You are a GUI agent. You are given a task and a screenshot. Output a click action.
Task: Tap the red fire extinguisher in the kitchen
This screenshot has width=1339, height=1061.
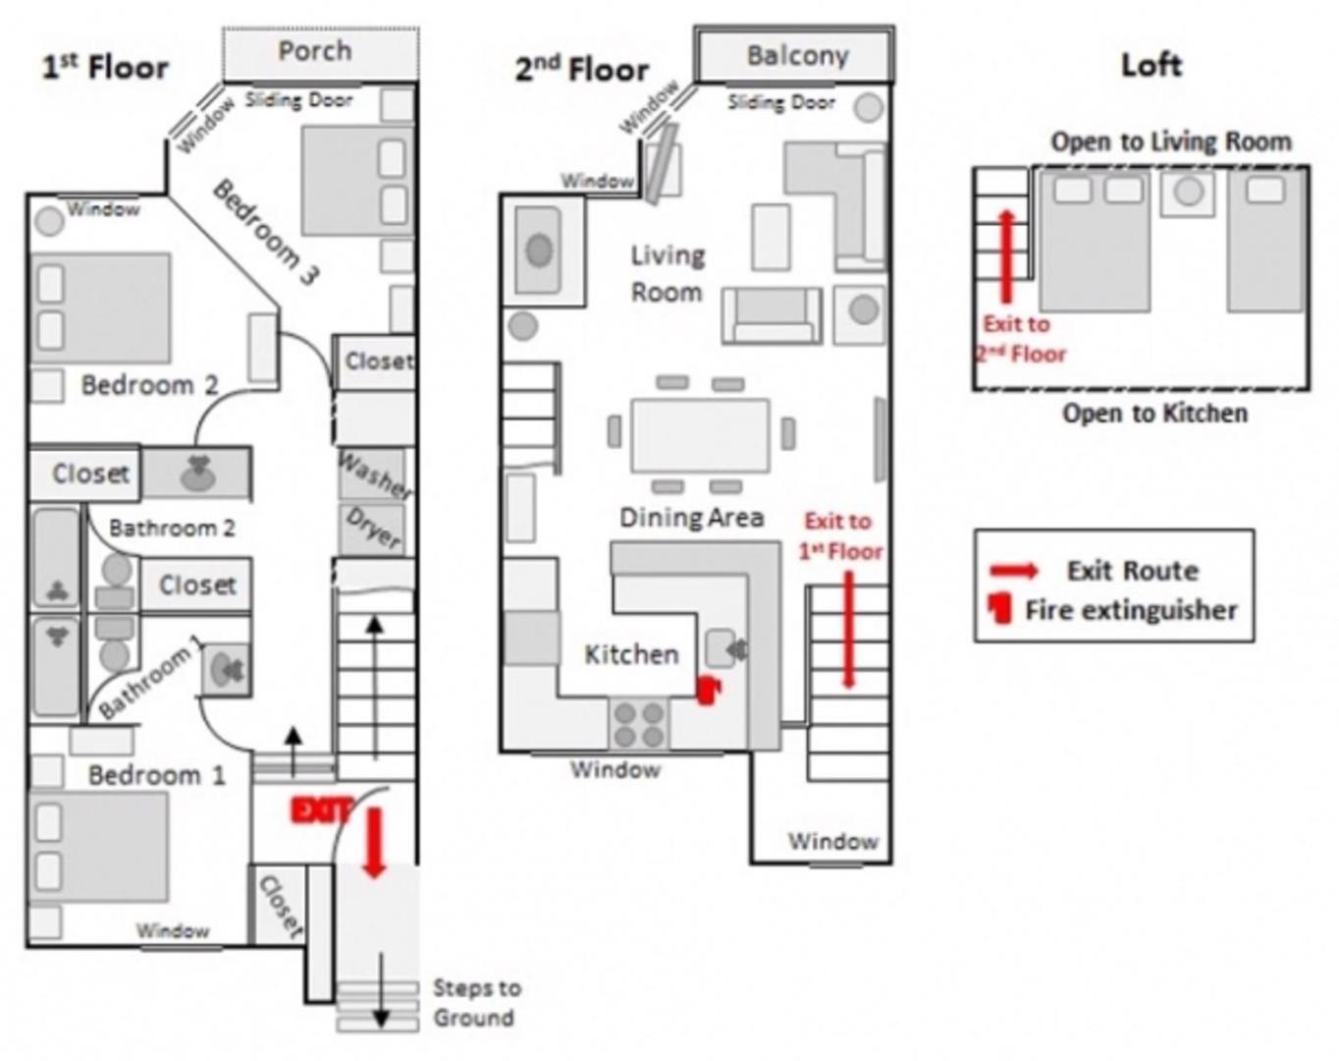(x=709, y=691)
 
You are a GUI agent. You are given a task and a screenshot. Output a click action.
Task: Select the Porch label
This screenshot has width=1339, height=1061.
(x=315, y=51)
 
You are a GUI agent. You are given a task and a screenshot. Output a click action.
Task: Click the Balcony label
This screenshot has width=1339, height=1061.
(x=798, y=56)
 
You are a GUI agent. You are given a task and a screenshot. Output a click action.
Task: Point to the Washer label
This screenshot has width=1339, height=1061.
(x=375, y=475)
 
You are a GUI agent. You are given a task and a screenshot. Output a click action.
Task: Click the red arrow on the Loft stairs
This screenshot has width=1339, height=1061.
(x=1006, y=256)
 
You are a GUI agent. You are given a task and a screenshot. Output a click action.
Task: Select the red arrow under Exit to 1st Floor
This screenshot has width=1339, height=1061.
(x=849, y=630)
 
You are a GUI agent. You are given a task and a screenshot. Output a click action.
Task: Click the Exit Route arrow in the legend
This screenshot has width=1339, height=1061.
(x=1014, y=570)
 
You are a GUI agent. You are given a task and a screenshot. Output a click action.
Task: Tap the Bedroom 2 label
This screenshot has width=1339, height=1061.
(x=150, y=385)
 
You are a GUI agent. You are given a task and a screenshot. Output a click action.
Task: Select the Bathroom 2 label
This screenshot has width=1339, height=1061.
(x=173, y=528)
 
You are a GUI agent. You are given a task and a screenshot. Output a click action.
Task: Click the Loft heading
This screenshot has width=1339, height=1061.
(x=1152, y=66)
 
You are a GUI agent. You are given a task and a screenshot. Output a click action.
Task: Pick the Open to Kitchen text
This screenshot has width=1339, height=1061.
(x=1154, y=414)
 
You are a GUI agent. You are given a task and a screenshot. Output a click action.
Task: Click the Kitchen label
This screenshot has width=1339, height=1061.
(x=631, y=654)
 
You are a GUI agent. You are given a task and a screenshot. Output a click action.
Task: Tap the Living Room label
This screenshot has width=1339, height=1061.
(x=668, y=273)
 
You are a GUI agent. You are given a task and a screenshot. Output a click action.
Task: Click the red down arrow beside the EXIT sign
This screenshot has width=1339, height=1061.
(x=374, y=843)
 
